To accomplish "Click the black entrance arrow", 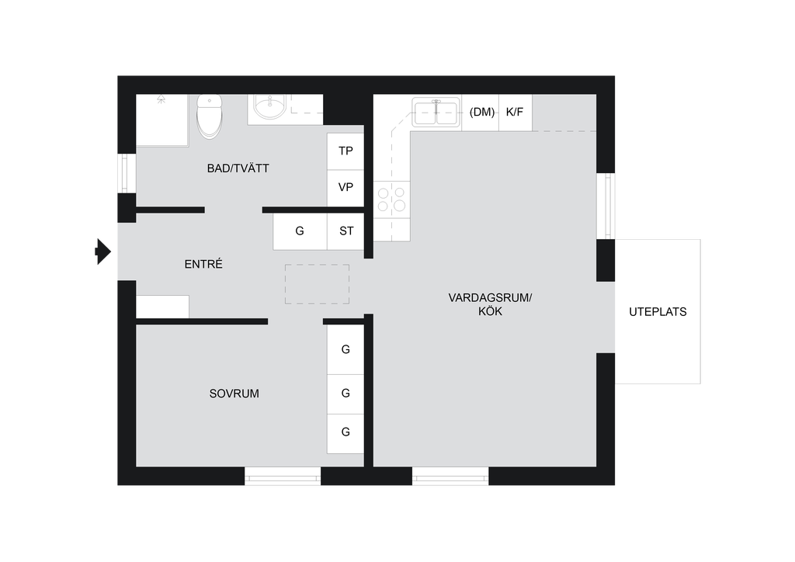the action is point(103,252).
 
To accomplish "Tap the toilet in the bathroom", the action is point(210,116).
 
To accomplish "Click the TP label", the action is point(345,151).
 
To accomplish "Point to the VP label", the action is point(345,188).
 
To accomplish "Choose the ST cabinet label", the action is point(346,231).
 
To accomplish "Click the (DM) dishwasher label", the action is point(481,112).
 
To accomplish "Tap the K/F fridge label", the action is point(515,112).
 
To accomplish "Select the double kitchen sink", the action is point(436,112).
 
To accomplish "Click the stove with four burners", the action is point(392,199).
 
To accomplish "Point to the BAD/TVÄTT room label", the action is point(238,168).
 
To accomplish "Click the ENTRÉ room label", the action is point(203,264).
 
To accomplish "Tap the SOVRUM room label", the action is point(234,394).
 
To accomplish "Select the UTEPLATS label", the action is point(658,312).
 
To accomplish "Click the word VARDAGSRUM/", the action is point(491,298).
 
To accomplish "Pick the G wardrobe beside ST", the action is point(300,231).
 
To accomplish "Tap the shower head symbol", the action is point(161,99).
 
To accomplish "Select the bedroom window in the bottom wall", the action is point(283,477).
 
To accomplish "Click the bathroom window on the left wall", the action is point(127,173).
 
